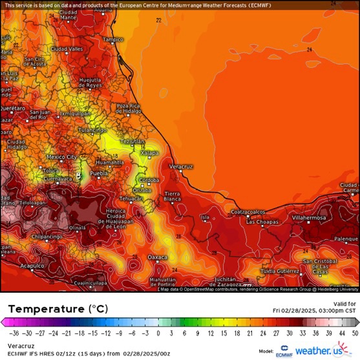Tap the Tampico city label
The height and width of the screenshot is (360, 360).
point(112,39)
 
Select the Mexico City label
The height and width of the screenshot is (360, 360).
point(61,157)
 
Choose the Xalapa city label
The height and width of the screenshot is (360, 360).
point(149,153)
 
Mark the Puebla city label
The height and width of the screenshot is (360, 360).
point(98,174)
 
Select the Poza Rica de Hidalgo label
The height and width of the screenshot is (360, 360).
point(129,108)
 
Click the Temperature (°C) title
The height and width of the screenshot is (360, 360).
point(54,309)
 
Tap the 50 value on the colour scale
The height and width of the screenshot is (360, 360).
point(354,334)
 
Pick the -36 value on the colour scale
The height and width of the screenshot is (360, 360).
point(13,334)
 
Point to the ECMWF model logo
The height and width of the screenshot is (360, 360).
point(284,351)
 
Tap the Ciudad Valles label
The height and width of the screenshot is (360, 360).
point(67,49)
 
